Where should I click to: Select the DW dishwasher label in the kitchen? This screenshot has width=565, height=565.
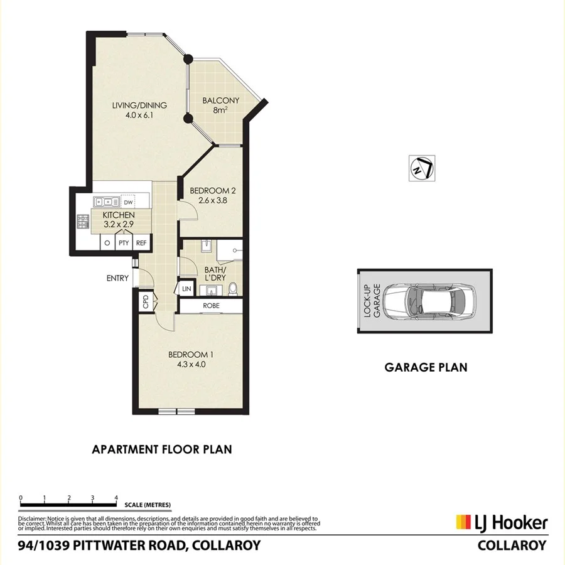pyautogui.click(x=128, y=202)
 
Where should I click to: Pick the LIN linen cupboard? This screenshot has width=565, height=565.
pyautogui.click(x=186, y=288)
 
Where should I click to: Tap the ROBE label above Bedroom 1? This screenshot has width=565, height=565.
pyautogui.click(x=210, y=306)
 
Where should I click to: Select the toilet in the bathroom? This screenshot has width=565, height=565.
pyautogui.click(x=233, y=288)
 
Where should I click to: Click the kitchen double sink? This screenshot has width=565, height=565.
pyautogui.click(x=107, y=202)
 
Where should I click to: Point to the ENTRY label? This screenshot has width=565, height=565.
pyautogui.click(x=118, y=278)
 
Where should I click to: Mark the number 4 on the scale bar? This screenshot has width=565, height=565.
pyautogui.click(x=116, y=498)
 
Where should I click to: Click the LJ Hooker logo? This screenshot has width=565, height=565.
pyautogui.click(x=501, y=522)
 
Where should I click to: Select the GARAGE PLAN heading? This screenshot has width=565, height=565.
pyautogui.click(x=426, y=368)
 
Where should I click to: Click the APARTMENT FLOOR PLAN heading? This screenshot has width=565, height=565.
pyautogui.click(x=162, y=449)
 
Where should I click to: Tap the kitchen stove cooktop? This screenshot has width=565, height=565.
pyautogui.click(x=82, y=221)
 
